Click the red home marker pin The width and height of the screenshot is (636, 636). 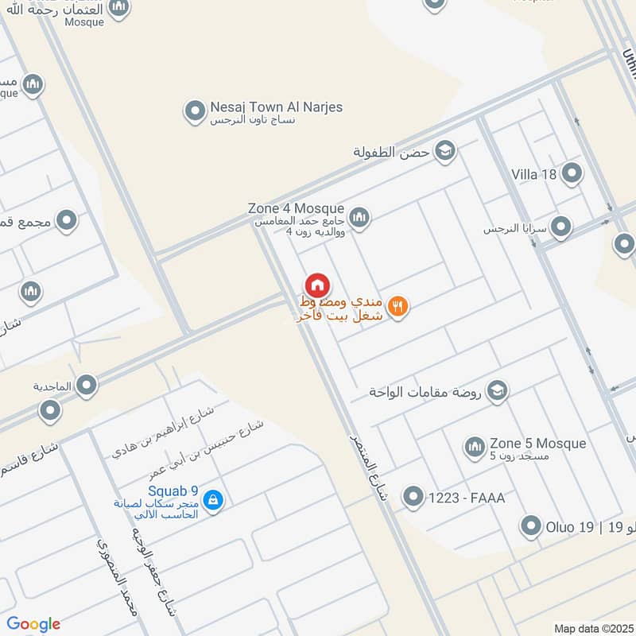click(317, 285)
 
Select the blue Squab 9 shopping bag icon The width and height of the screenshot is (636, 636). click(212, 500)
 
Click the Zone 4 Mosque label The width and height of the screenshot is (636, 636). click(296, 208)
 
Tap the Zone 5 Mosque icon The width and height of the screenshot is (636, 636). click(475, 447)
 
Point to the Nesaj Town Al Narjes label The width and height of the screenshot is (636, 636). click(276, 107)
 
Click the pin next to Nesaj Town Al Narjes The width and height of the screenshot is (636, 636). click(195, 111)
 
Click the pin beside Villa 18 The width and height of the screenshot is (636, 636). click(571, 173)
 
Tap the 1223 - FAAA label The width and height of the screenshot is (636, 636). click(467, 498)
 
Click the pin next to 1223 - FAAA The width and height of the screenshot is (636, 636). click(413, 498)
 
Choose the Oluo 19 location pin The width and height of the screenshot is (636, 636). click(530, 525)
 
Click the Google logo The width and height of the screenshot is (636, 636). click(33, 624)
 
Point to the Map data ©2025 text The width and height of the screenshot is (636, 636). click(593, 628)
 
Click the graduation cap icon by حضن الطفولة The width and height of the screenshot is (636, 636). click(444, 150)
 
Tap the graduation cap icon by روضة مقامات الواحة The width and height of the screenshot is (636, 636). click(497, 391)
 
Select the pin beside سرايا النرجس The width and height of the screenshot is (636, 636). click(561, 228)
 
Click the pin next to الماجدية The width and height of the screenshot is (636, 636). click(86, 386)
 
